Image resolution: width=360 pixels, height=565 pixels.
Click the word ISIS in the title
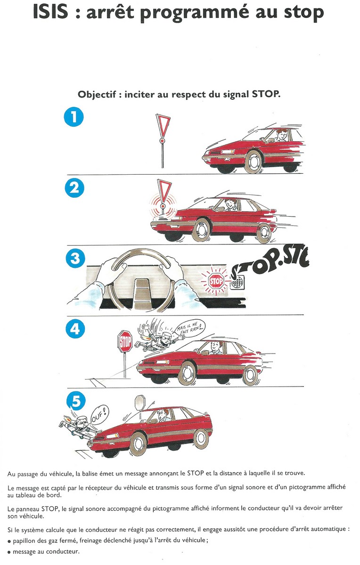pyautogui.click(x=51, y=12)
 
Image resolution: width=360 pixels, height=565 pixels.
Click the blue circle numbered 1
pyautogui.click(x=74, y=117)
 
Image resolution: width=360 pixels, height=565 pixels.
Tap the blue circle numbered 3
pyautogui.click(x=75, y=258)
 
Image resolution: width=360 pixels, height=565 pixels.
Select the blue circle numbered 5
pyautogui.click(x=76, y=401)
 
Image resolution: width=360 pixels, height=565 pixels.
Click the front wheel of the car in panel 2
pyautogui.click(x=201, y=230)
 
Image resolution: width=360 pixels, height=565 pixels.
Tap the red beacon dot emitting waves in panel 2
pyautogui.click(x=163, y=206)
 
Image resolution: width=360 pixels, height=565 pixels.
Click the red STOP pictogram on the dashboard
pyautogui.click(x=216, y=281)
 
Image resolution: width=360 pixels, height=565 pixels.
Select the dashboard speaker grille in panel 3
pyautogui.click(x=237, y=282)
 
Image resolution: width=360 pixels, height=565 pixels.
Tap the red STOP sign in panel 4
pyautogui.click(x=125, y=341)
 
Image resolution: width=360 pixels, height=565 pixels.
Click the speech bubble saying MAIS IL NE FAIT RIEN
pyautogui.click(x=191, y=328)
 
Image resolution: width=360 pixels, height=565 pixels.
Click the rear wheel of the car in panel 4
pyautogui.click(x=250, y=376)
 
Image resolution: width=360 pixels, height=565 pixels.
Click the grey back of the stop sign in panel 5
pyautogui.click(x=140, y=403)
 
